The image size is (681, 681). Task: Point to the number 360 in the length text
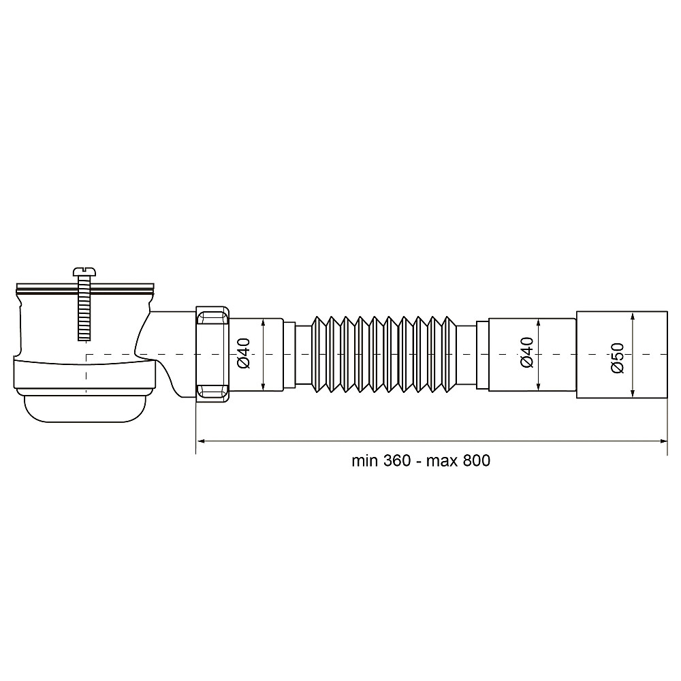point(396,460)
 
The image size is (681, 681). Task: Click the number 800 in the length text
point(476,460)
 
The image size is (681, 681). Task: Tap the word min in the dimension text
point(364,460)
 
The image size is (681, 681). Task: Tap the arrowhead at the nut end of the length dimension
point(201,441)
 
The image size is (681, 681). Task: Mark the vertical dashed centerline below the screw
point(86,375)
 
